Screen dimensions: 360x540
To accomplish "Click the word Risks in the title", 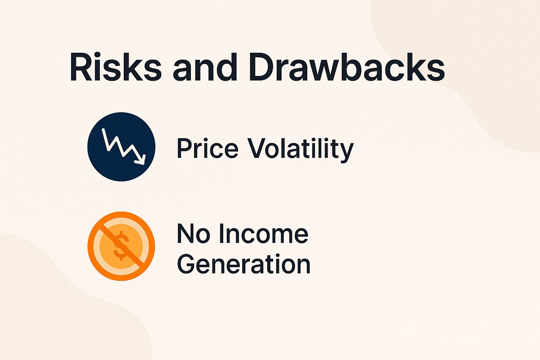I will pos(115,67).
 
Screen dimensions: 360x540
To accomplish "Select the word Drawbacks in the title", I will pos(348,67).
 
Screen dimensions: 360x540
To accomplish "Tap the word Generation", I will pos(244,264).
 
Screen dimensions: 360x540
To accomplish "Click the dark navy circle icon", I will pos(121,147).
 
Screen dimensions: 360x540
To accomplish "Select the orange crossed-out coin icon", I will pos(121,246).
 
